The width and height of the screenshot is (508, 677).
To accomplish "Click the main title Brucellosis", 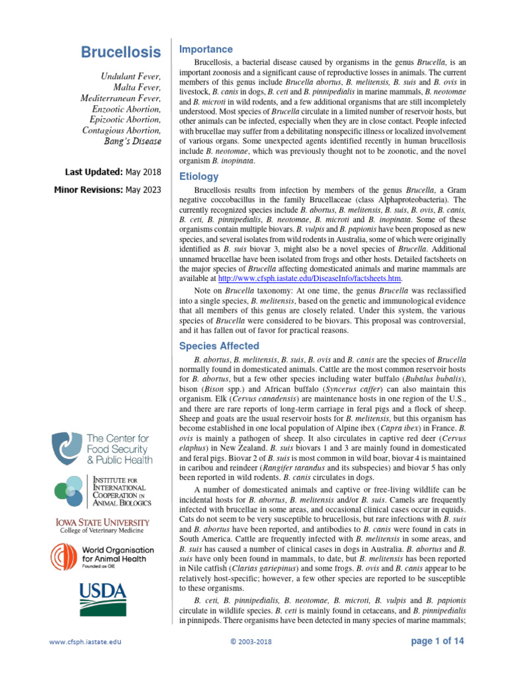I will point(120,52).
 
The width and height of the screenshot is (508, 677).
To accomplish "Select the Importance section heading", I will point(206,50).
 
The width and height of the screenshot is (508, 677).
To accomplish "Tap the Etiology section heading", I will point(199,177).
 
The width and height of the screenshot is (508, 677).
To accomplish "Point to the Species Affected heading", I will point(220,346).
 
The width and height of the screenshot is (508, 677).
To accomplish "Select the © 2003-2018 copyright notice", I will point(251,641).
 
